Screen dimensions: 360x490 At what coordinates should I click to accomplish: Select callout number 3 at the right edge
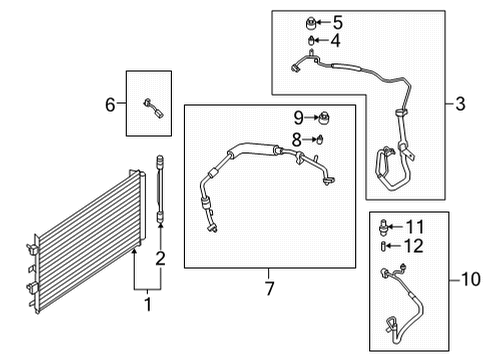pyautogui.click(x=462, y=103)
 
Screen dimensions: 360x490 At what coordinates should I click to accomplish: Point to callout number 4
pyautogui.click(x=335, y=41)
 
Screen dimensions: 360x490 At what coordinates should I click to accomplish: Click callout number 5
pyautogui.click(x=337, y=21)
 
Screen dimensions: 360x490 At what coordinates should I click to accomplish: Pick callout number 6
pyautogui.click(x=112, y=103)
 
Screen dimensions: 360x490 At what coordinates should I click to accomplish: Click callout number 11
pyautogui.click(x=414, y=226)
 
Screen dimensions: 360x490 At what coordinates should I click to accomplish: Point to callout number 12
pyautogui.click(x=414, y=245)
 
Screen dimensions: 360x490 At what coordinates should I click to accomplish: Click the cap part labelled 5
pyautogui.click(x=312, y=21)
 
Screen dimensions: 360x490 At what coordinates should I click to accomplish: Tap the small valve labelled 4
pyautogui.click(x=312, y=41)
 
